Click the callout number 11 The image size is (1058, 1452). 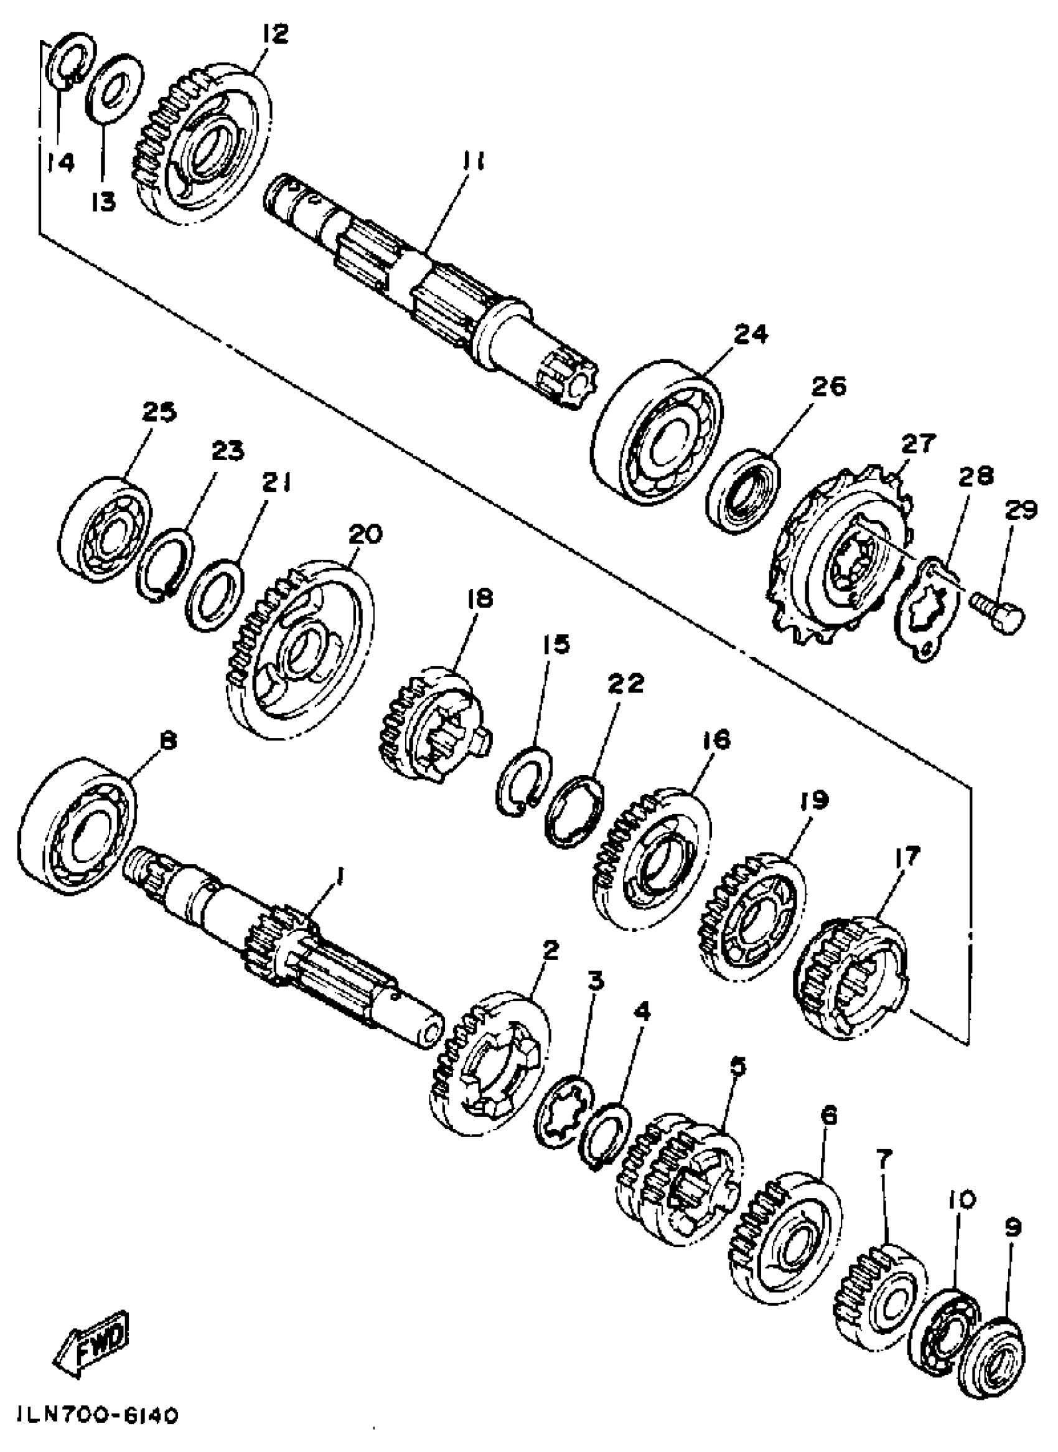(x=470, y=163)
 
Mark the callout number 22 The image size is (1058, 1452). (x=625, y=684)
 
